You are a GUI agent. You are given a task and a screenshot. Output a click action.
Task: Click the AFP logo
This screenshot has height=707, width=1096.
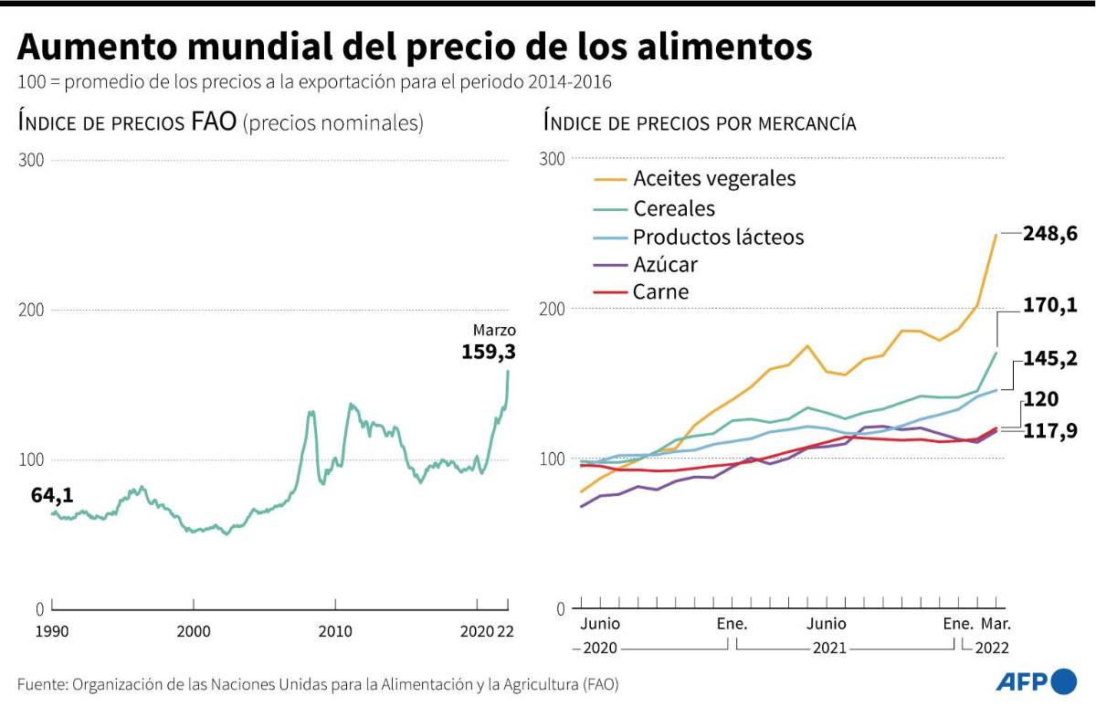1036,681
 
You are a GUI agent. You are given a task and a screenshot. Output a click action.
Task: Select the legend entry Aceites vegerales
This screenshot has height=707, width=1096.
714,178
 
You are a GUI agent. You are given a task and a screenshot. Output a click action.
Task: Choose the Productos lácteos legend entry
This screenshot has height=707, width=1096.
718,237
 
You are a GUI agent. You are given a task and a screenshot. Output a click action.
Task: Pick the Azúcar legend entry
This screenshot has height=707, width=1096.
665,265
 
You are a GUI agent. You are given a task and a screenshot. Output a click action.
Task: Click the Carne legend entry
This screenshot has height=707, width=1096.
660,292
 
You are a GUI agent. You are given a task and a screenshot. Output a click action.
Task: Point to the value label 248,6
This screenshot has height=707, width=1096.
1050,235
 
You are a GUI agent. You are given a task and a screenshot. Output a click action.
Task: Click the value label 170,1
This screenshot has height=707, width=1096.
1050,305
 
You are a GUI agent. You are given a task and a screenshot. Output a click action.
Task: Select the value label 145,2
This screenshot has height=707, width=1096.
1050,359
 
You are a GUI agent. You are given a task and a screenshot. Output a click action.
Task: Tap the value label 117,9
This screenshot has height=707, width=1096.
1050,431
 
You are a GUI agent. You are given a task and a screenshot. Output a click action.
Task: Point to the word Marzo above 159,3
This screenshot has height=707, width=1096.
494,330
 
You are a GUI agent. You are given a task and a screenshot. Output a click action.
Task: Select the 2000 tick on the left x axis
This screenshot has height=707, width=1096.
194,631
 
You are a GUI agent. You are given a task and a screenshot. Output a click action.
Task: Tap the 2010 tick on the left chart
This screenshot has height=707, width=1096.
335,631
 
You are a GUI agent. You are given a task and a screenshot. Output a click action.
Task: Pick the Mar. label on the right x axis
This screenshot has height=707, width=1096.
996,624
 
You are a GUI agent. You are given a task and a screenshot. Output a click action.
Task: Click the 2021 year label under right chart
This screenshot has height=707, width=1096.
828,648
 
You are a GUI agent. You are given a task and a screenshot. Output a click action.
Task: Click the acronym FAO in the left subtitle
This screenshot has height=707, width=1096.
214,123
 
